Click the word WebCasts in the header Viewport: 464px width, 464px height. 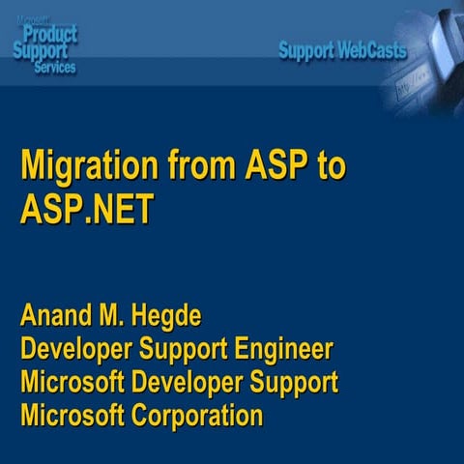(371, 50)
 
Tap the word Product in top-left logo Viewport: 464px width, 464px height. (56, 36)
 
